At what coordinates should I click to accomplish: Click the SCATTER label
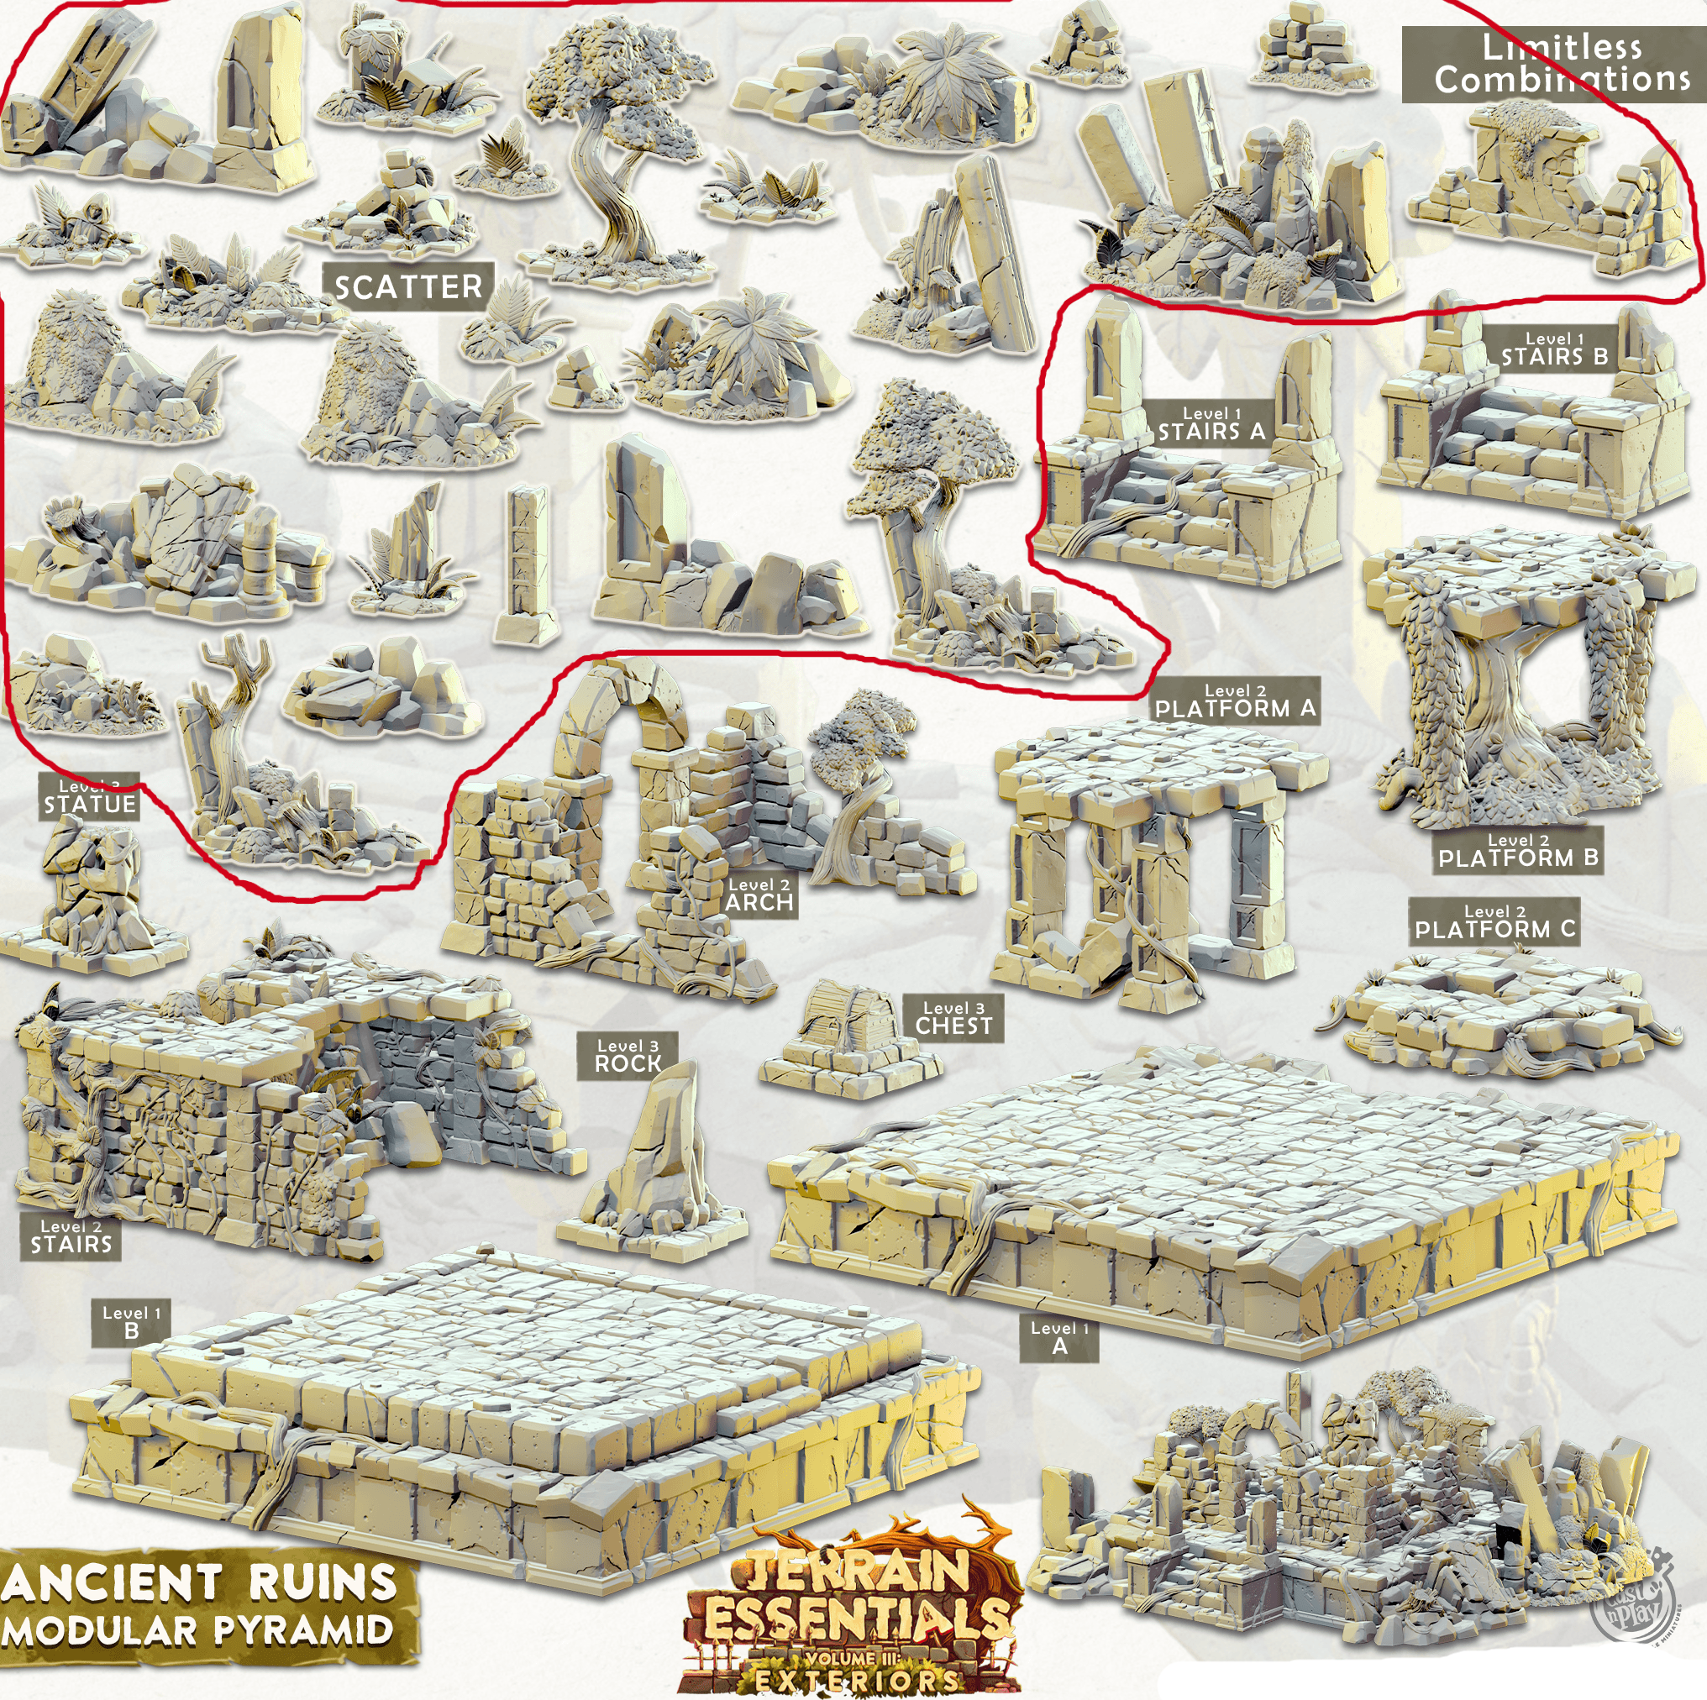408,286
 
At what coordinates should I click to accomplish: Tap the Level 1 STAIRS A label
1211,425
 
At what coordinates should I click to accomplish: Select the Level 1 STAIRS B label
1554,350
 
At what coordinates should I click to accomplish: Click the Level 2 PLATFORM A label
1235,700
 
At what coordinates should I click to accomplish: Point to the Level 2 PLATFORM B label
1518,850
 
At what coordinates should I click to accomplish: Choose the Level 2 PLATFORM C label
1494,921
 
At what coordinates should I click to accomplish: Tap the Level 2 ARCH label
759,895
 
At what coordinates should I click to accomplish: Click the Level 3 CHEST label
953,1018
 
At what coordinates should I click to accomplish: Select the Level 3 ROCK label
628,1056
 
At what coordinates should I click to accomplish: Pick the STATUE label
89,799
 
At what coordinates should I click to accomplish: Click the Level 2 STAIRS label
71,1237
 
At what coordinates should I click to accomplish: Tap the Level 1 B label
131,1322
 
